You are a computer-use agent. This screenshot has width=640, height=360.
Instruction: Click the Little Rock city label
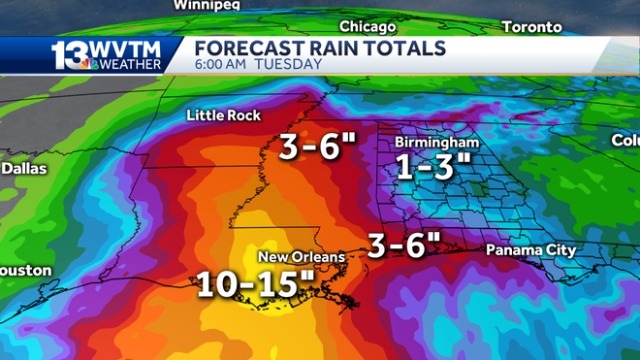[224, 115]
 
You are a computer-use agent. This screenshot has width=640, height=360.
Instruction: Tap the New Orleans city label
[301, 256]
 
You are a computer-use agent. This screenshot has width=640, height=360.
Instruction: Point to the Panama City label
[530, 250]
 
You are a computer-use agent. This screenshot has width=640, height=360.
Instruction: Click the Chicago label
[368, 26]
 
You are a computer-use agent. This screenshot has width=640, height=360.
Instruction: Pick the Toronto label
[533, 26]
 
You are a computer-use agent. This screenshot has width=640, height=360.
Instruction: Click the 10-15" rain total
[256, 284]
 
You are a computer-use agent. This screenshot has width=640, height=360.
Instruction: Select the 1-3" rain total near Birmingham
[432, 167]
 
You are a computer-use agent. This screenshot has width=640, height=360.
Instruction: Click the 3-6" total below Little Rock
[318, 147]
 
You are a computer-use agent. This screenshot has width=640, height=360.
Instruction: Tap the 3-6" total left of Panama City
[402, 245]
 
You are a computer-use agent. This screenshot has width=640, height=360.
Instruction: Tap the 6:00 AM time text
[224, 65]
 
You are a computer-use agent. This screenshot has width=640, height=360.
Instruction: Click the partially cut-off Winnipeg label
[207, 5]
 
